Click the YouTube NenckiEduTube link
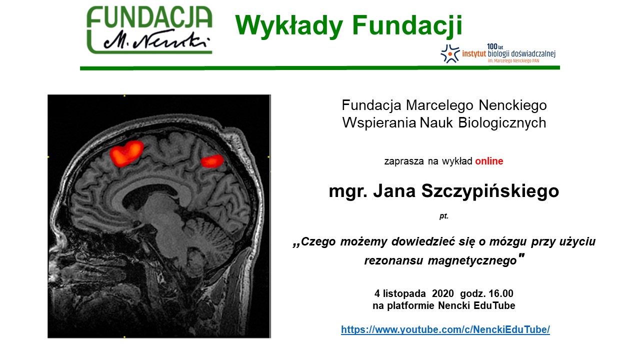click(x=445, y=329)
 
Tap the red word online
click(x=489, y=161)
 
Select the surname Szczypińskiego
click(x=490, y=191)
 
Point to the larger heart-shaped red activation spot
click(x=126, y=153)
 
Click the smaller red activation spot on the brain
click(x=212, y=161)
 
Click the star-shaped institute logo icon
click(x=450, y=53)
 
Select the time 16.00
click(x=501, y=293)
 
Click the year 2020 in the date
click(x=443, y=293)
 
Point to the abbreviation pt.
click(x=443, y=215)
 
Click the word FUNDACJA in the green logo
click(x=149, y=17)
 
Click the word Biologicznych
click(x=502, y=123)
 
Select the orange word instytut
click(x=474, y=53)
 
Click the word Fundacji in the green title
click(x=407, y=25)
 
